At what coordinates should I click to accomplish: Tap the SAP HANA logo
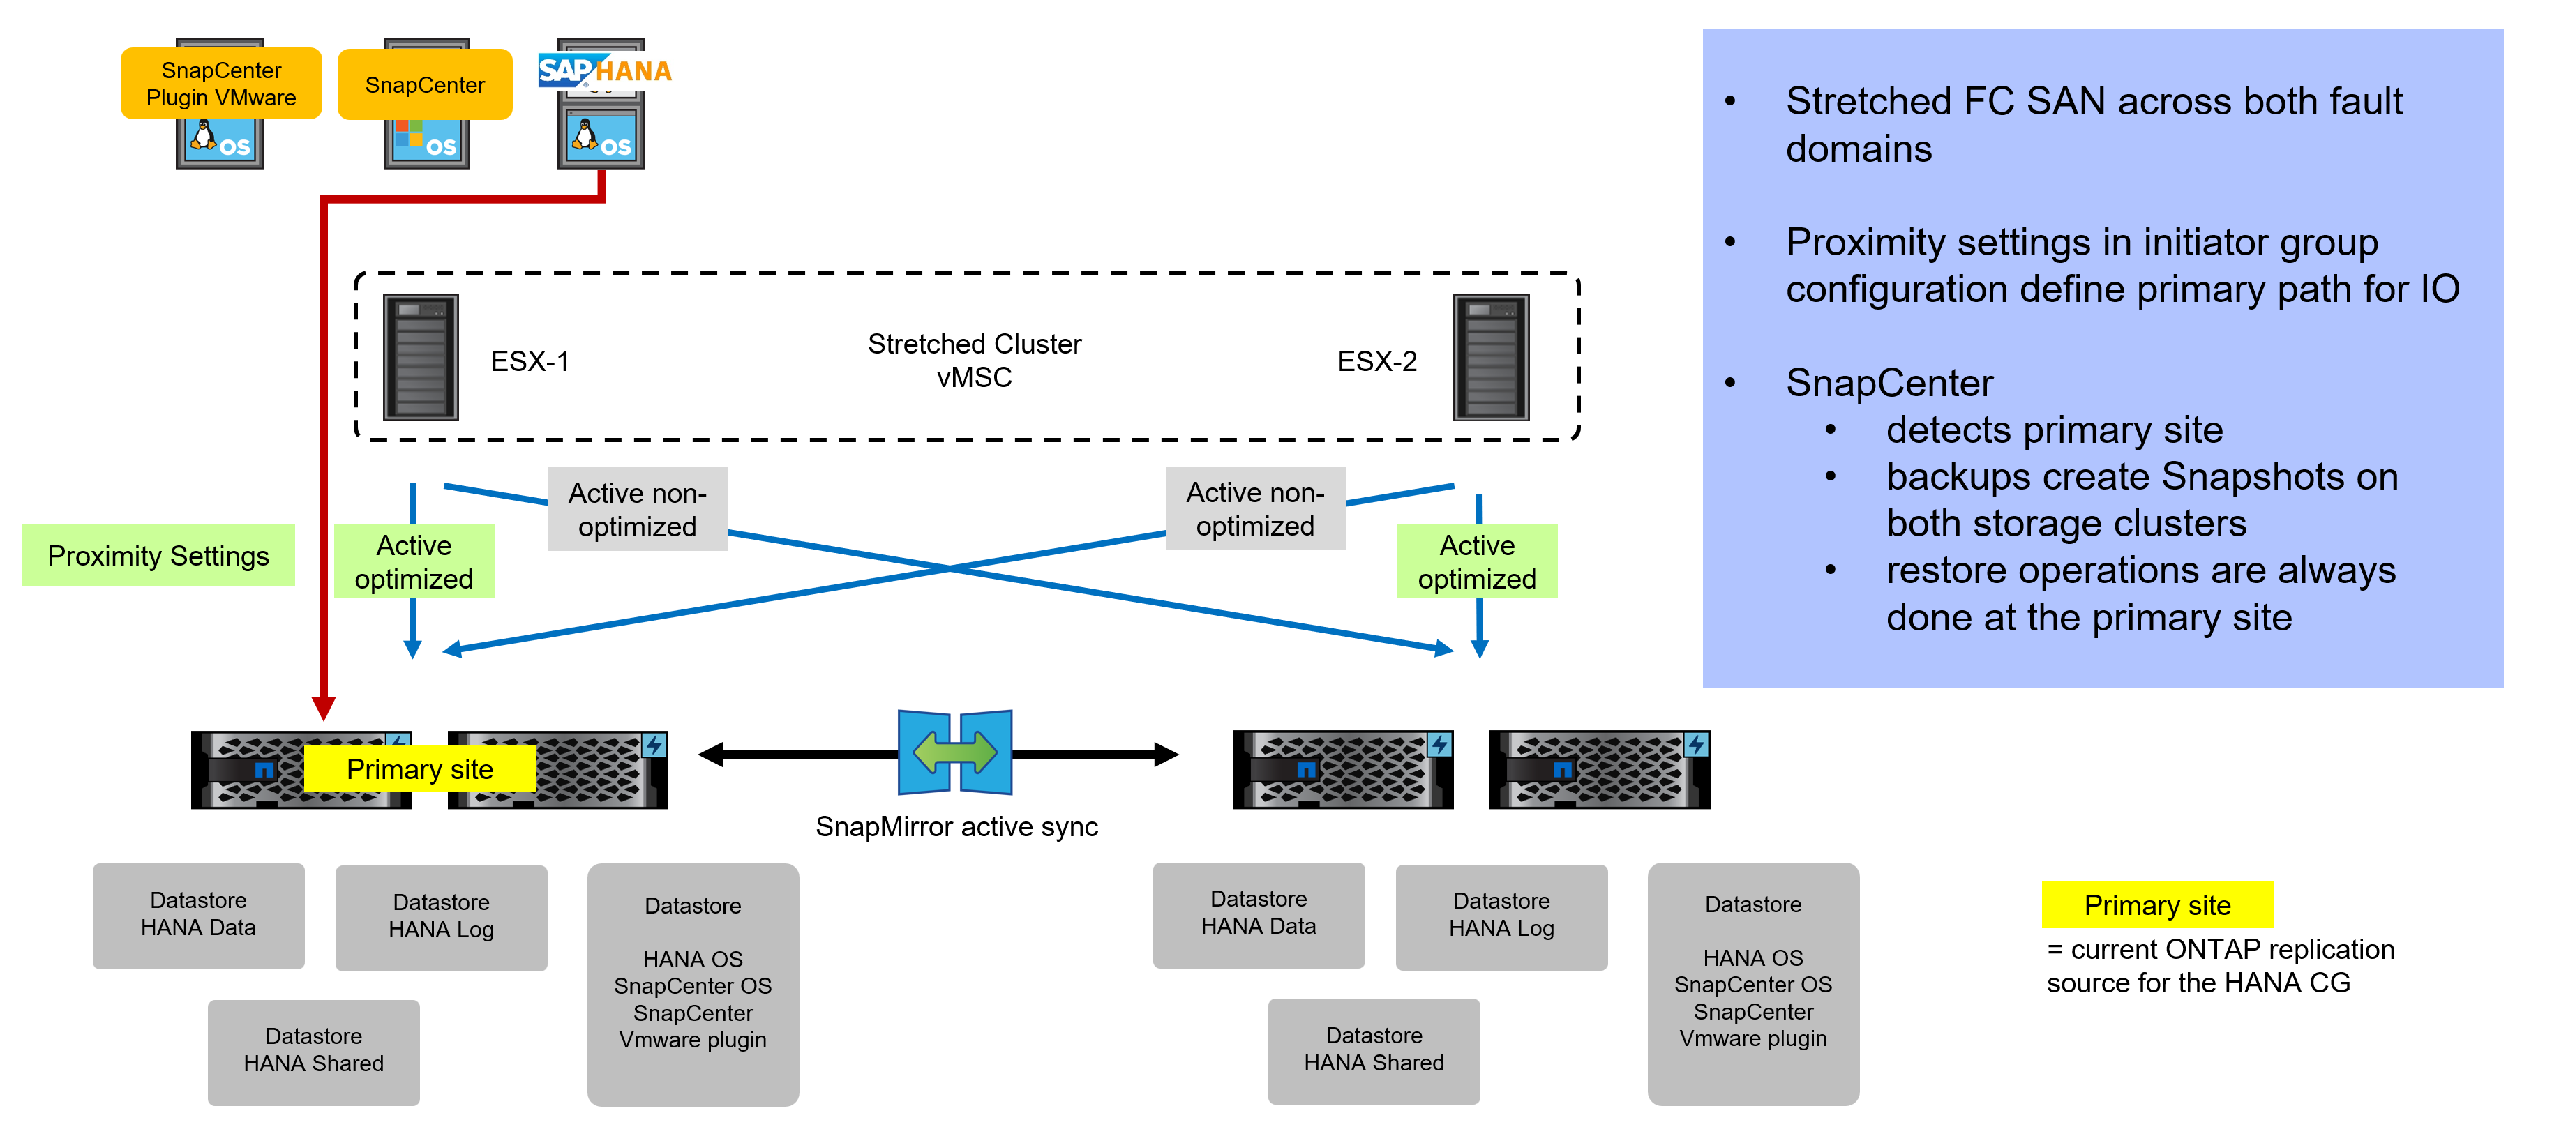click(604, 70)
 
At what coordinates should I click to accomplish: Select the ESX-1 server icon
click(421, 358)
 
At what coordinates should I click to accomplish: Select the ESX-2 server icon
click(1491, 358)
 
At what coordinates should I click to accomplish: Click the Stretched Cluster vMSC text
click(974, 361)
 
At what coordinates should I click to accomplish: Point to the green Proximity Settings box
click(158, 556)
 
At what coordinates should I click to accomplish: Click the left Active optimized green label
click(414, 561)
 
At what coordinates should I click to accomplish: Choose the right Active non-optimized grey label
click(1254, 509)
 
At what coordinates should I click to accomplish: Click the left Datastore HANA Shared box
click(313, 1051)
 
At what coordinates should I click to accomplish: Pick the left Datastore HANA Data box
click(198, 915)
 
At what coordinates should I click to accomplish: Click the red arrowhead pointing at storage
click(323, 707)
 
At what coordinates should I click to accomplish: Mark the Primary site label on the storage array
click(419, 770)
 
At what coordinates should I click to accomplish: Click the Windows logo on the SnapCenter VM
click(408, 134)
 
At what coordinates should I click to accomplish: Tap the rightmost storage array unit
click(1599, 770)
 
